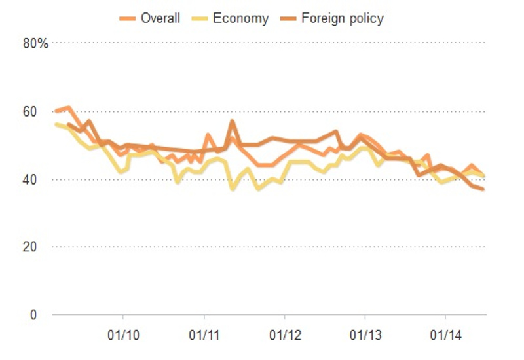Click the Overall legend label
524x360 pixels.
point(160,18)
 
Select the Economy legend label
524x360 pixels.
point(241,18)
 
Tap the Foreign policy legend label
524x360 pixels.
point(343,18)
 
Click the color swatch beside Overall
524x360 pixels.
point(128,18)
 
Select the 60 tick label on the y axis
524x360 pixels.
point(40,112)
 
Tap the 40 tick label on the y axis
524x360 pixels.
point(40,179)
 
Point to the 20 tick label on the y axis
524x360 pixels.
point(40,247)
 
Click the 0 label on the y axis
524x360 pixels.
point(43,315)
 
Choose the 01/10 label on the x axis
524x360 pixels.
point(124,336)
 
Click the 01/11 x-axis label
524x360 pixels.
point(204,336)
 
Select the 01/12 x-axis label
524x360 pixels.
point(284,336)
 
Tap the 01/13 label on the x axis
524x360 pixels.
point(365,336)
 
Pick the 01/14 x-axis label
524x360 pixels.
point(445,336)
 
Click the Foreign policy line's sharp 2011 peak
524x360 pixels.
point(233,121)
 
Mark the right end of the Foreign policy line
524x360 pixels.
point(483,189)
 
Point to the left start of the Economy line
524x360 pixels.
point(56,124)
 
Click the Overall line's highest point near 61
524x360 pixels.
point(69,107)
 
